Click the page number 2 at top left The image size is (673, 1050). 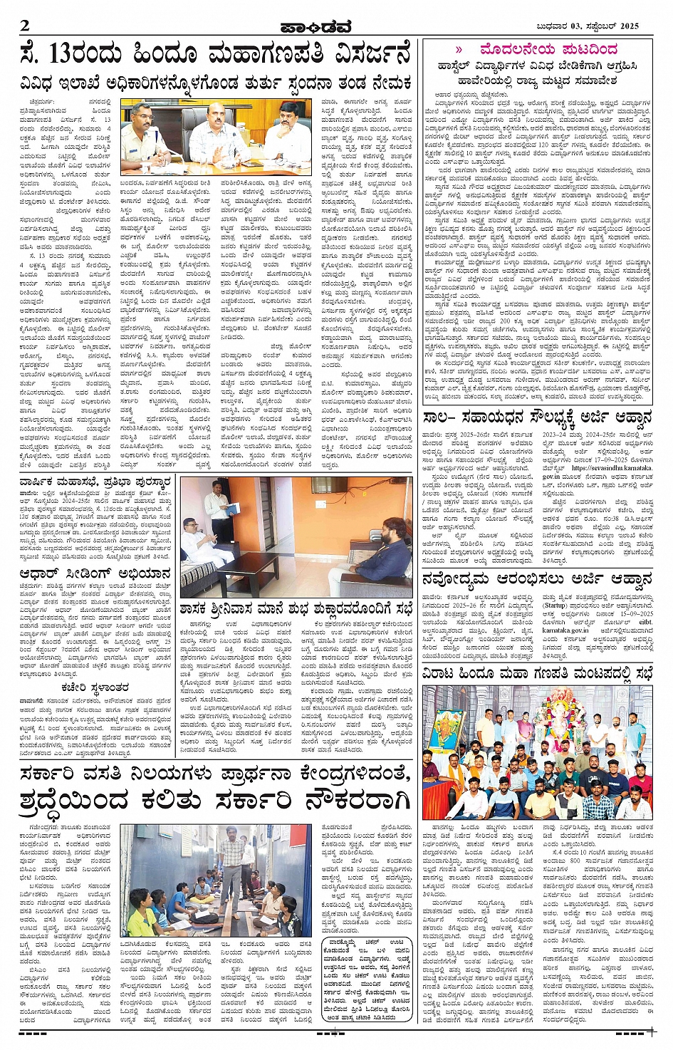tap(25, 26)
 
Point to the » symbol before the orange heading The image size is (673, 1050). tap(459, 49)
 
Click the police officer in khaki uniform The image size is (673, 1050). tap(149, 135)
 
